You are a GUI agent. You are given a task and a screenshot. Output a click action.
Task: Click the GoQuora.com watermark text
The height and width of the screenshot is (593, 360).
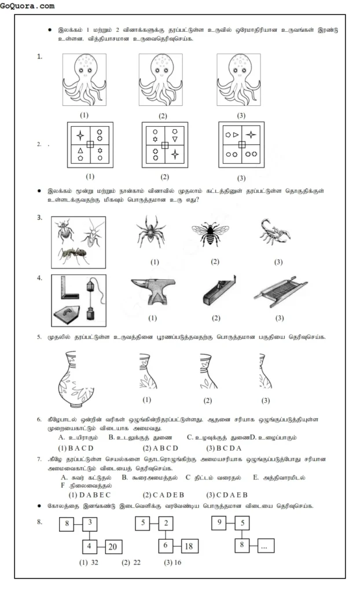click(28, 6)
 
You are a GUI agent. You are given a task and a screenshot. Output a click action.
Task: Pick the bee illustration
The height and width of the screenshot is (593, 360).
click(214, 235)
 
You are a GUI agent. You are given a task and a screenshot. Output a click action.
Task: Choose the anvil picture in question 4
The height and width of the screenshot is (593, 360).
click(153, 296)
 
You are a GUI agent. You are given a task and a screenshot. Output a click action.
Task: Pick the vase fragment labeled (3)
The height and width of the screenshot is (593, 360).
click(265, 374)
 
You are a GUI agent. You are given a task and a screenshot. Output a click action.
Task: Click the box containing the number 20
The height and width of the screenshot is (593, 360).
click(111, 546)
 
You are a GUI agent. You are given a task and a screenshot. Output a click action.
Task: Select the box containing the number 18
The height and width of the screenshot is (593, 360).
click(187, 546)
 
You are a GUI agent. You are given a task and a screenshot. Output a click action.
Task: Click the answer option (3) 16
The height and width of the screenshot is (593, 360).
click(172, 562)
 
